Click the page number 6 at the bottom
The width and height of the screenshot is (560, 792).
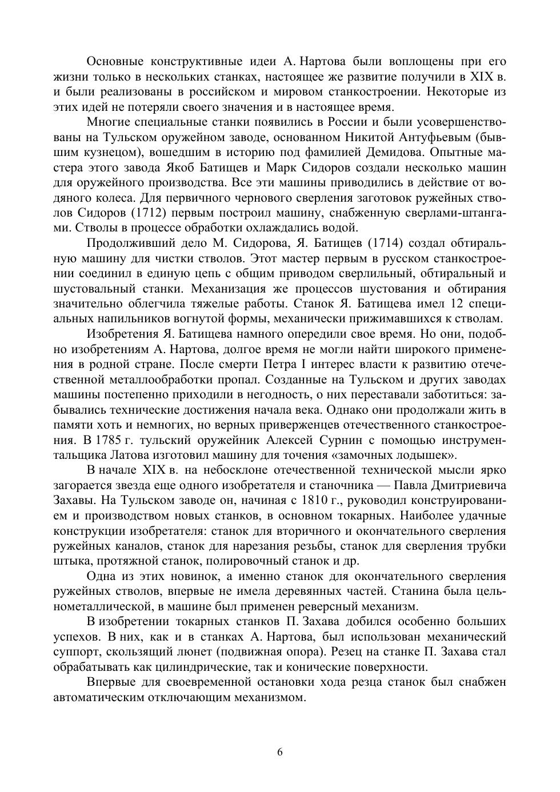point(280,751)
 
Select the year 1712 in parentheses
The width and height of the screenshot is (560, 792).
point(141,213)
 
